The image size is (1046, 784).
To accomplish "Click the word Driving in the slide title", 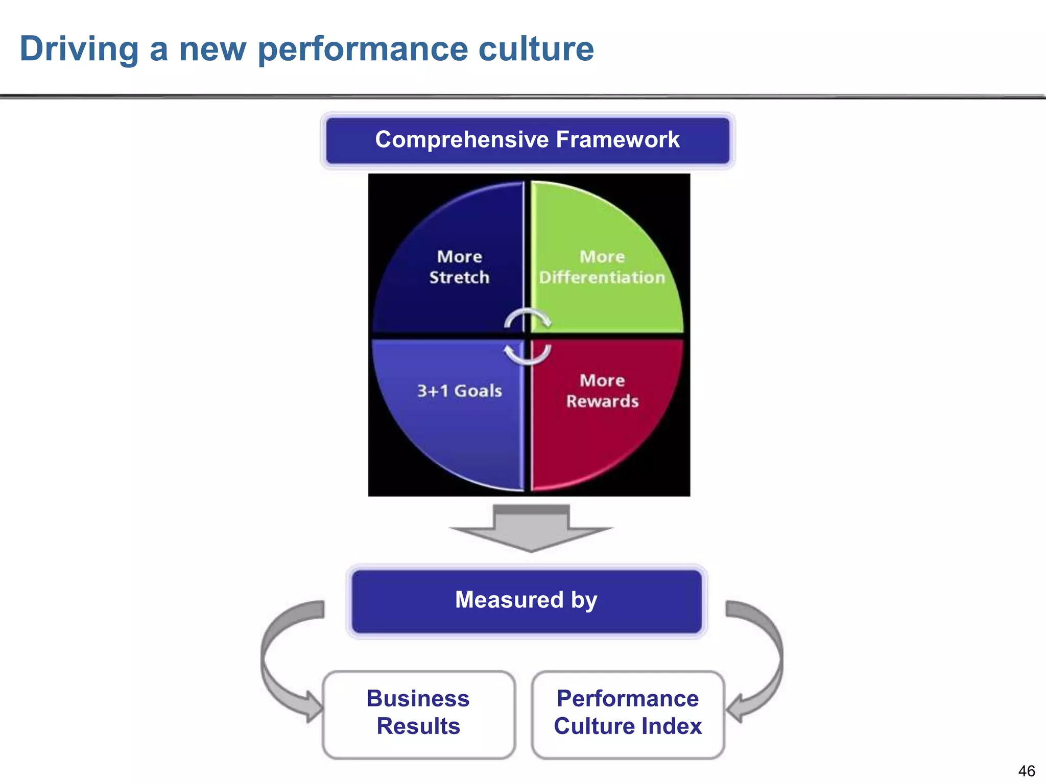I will (x=79, y=50).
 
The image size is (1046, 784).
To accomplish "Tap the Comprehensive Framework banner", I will (x=528, y=140).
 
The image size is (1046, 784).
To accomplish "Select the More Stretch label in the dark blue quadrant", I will (x=459, y=267).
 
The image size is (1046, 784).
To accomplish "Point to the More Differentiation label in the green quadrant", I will (x=602, y=267).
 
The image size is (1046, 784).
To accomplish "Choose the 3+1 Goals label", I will (x=460, y=391).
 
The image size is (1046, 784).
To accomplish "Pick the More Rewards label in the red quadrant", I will (x=602, y=391).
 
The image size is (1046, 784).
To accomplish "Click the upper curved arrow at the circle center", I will (x=527, y=317).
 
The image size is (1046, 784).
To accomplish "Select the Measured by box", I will (x=527, y=601).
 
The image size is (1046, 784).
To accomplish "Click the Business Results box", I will (x=418, y=714).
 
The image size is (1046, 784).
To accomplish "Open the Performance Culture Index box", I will (x=628, y=714).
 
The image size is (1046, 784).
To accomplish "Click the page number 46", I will (x=1026, y=771).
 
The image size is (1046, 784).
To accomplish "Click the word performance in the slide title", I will (x=363, y=50).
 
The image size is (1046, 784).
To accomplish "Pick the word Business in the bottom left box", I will (x=418, y=699).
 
